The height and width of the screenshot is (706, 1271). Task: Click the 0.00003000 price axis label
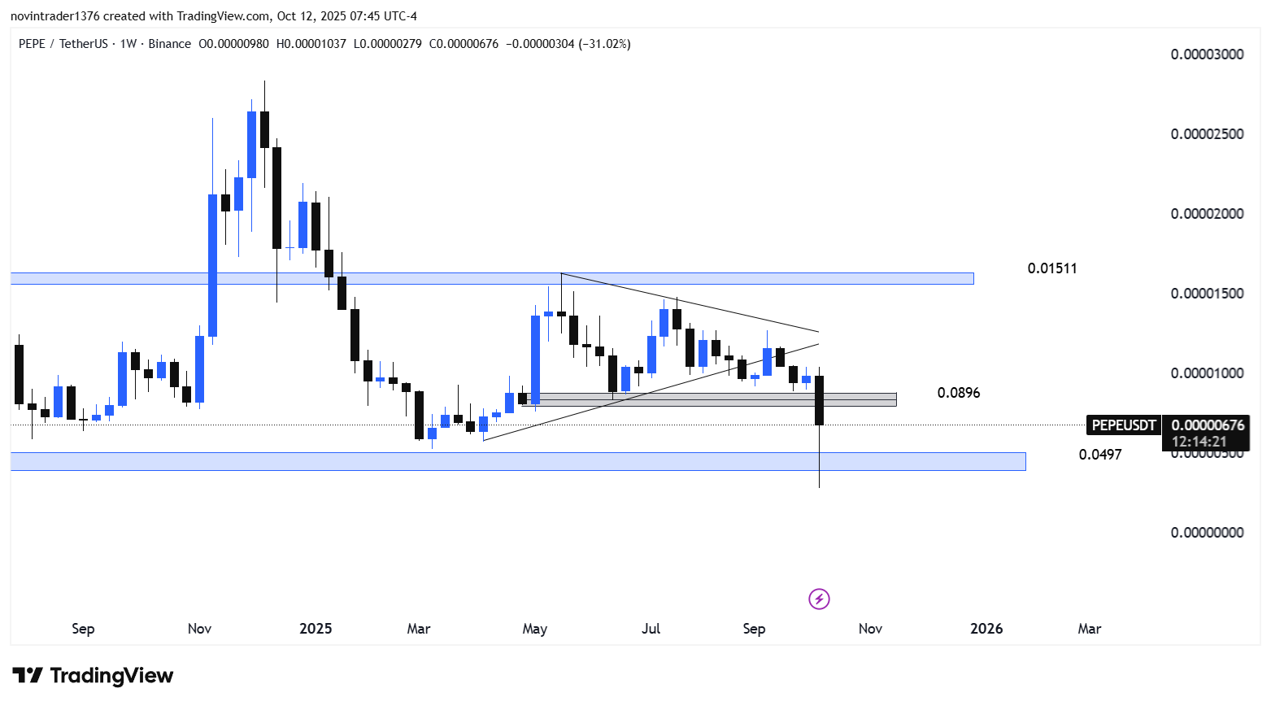[1207, 54]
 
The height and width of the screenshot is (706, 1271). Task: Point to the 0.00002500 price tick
[1207, 134]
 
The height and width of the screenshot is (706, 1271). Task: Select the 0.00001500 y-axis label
[1207, 294]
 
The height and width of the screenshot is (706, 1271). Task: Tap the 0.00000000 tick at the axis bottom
[1207, 533]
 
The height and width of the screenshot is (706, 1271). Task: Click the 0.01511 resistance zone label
[1052, 268]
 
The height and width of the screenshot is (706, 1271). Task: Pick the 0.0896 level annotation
[958, 393]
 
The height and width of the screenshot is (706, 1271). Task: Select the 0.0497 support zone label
[1099, 455]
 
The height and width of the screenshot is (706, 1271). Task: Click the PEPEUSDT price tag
[1123, 425]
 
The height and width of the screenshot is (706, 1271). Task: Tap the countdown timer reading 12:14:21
[1199, 442]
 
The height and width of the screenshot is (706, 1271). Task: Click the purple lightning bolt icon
[819, 599]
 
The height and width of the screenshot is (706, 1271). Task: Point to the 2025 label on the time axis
[316, 629]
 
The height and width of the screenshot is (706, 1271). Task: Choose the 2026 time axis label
[986, 629]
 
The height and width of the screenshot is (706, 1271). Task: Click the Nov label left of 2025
[199, 629]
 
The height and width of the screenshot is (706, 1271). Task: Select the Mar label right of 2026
[1089, 629]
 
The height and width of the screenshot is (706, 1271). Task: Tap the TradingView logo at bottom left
[93, 676]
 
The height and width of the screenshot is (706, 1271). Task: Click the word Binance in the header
[169, 44]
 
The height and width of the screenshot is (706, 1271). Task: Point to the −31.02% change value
[604, 44]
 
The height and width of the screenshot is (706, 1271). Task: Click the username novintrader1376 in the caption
[54, 16]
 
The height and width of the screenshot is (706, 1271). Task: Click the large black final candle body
[819, 400]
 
